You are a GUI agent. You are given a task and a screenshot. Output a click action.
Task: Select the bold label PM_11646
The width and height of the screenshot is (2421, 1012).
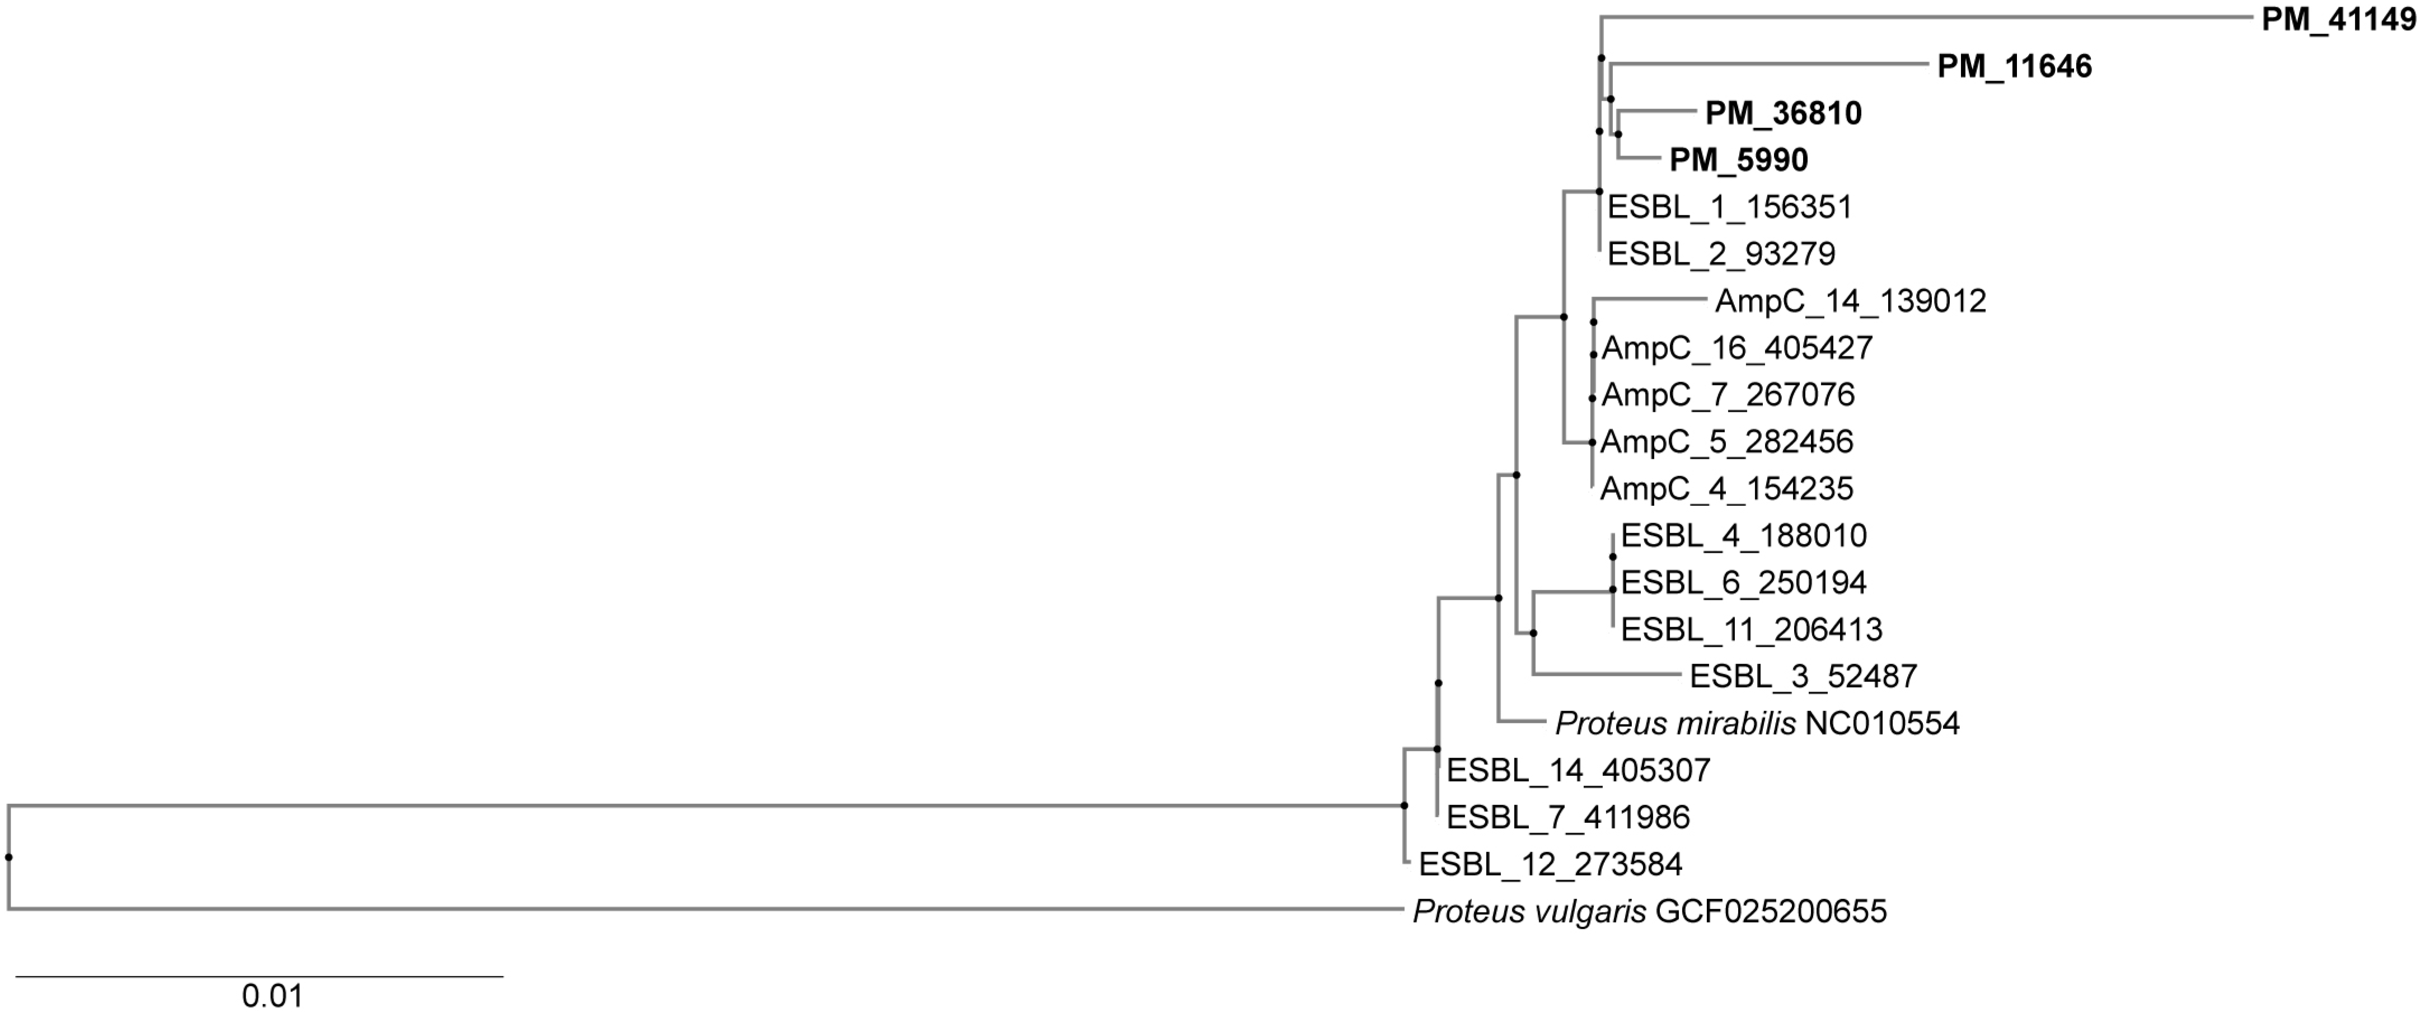[x=2014, y=67]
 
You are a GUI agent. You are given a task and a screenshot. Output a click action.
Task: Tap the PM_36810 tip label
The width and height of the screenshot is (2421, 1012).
[x=1783, y=114]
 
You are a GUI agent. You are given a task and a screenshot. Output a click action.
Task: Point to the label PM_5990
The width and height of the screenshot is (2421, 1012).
[x=1738, y=161]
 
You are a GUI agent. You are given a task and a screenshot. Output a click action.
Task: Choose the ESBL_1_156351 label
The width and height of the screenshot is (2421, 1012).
[x=1729, y=207]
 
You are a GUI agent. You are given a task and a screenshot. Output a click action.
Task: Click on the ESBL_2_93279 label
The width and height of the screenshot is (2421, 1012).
[x=1721, y=254]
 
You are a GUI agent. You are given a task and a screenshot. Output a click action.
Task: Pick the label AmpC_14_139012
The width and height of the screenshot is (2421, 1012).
[x=1850, y=300]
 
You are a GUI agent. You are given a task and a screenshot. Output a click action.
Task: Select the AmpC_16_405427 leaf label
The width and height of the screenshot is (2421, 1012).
[x=1737, y=347]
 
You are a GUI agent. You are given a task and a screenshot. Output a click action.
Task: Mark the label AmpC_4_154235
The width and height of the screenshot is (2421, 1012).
[x=1726, y=488]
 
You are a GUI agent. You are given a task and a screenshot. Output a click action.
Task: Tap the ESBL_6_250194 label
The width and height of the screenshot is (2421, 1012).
[x=1743, y=582]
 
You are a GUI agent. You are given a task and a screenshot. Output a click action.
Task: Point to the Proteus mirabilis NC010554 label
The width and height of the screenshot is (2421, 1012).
[x=1757, y=723]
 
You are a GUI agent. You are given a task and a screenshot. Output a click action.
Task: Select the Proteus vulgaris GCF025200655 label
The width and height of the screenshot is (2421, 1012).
[x=1649, y=911]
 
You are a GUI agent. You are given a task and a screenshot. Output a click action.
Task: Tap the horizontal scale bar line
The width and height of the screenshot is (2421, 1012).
[x=260, y=976]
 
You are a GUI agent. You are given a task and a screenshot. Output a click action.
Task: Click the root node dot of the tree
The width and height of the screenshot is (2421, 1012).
[x=8, y=857]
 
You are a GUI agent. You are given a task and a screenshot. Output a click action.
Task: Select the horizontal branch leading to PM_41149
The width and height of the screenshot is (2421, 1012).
[x=1927, y=17]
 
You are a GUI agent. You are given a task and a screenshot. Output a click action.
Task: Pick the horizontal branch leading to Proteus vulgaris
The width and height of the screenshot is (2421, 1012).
[x=705, y=909]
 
